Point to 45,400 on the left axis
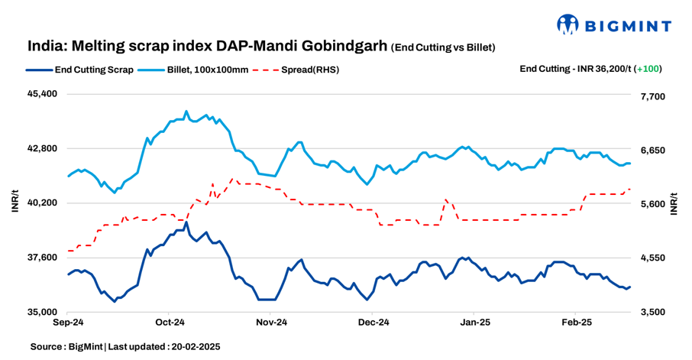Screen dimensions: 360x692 tap(42, 93)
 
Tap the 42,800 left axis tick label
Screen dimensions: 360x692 tap(42, 148)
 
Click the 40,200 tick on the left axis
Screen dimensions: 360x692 tap(42, 203)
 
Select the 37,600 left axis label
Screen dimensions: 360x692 tap(42, 258)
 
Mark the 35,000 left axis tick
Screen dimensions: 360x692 tap(42, 313)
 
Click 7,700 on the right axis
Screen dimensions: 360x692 tap(652, 96)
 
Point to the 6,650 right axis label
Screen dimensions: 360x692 tap(652, 151)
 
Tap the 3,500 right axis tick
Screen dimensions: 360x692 tap(652, 313)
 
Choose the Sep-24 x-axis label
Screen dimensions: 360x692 tap(67, 324)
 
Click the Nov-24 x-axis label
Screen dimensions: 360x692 tap(270, 324)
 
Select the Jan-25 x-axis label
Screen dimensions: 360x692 tap(474, 324)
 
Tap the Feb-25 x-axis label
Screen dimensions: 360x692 tap(576, 324)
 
